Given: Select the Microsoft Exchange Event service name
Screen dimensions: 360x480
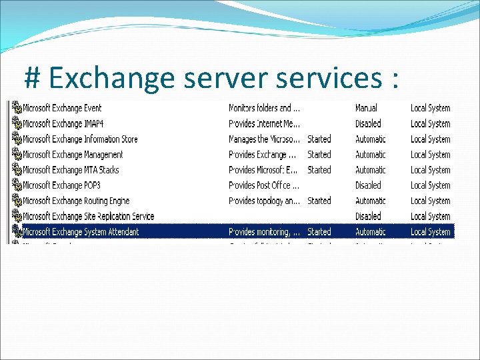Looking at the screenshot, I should pyautogui.click(x=62, y=108).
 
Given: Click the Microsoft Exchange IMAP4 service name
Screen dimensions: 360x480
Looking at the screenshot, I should pyautogui.click(x=63, y=123).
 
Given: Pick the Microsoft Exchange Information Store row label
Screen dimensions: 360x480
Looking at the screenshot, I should pyautogui.click(x=80, y=139).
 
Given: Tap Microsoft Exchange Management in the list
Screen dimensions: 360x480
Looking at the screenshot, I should pyautogui.click(x=73, y=155).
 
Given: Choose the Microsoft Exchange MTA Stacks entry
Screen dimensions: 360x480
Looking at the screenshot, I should pyautogui.click(x=71, y=170).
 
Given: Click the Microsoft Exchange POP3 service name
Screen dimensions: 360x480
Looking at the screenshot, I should pyautogui.click(x=63, y=185).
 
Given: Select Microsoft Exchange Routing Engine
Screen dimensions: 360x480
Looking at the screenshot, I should pyautogui.click(x=76, y=201).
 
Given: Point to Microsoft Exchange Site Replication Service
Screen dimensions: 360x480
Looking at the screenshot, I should pyautogui.click(x=88, y=216).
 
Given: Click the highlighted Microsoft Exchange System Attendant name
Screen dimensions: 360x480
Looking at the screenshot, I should pyautogui.click(x=81, y=232).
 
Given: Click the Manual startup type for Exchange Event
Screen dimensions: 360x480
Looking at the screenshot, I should pyautogui.click(x=366, y=108).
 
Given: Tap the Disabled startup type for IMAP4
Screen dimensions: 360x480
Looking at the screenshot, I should pyautogui.click(x=368, y=123).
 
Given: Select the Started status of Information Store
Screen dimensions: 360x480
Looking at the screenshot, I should pyautogui.click(x=319, y=139).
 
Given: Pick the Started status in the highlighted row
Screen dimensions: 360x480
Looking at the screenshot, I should pyautogui.click(x=319, y=232).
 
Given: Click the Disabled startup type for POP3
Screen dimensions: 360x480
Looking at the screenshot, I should pyautogui.click(x=368, y=185).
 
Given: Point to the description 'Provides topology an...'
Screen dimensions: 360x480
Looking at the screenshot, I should pyautogui.click(x=263, y=201).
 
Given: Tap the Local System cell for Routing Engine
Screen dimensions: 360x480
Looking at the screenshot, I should pyautogui.click(x=430, y=201).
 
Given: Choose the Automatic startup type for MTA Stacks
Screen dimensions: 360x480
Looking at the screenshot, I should pyautogui.click(x=370, y=170).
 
